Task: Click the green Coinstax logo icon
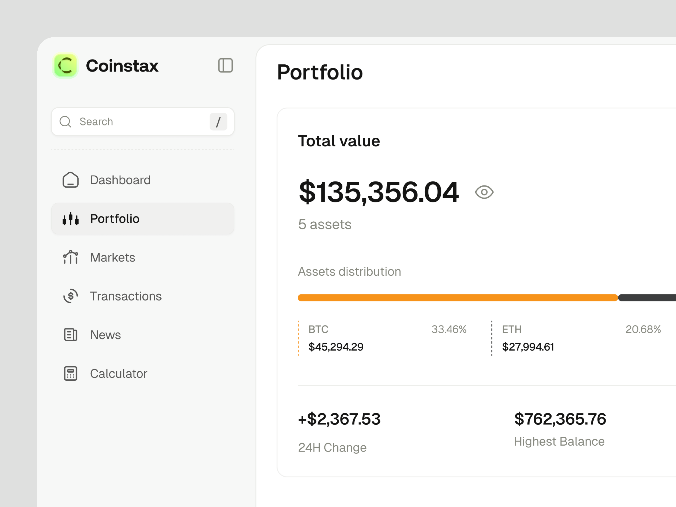(x=65, y=66)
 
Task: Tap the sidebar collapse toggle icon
(x=225, y=65)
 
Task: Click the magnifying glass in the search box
(x=65, y=122)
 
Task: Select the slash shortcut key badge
(x=218, y=122)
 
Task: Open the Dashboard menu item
(x=120, y=180)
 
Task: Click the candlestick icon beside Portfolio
(x=71, y=219)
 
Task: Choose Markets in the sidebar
(x=112, y=258)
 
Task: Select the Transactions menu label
(x=126, y=296)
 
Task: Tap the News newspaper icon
(x=71, y=335)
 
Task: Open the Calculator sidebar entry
(x=119, y=373)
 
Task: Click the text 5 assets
(x=324, y=224)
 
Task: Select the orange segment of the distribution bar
(x=458, y=298)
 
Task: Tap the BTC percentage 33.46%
(x=449, y=329)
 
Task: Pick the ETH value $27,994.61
(x=528, y=347)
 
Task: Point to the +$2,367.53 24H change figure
(x=339, y=419)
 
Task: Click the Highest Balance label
(x=559, y=442)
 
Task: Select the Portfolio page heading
(x=320, y=72)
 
